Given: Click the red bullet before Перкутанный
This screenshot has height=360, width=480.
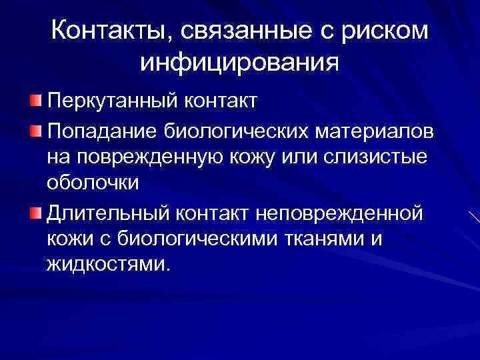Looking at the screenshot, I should point(35,102).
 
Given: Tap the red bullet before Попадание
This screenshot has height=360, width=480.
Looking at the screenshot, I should point(35,129).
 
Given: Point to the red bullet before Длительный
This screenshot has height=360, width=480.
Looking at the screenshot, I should point(35,211).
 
